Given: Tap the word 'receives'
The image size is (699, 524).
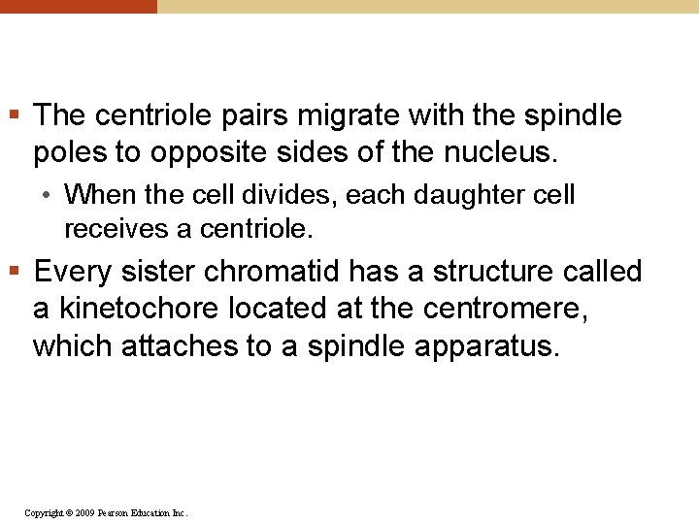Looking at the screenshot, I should (x=111, y=229).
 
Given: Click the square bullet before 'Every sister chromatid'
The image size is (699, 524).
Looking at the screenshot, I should (x=17, y=270).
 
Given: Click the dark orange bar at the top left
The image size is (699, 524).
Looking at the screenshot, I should (x=78, y=6).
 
